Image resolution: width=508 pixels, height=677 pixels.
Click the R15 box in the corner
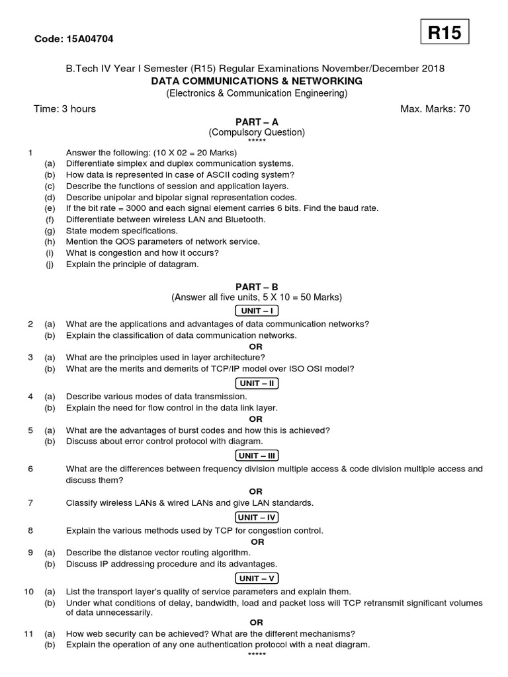pyautogui.click(x=444, y=33)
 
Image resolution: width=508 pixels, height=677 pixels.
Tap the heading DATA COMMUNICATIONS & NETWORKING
pyautogui.click(x=257, y=81)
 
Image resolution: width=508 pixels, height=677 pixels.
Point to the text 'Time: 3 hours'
pyautogui.click(x=65, y=109)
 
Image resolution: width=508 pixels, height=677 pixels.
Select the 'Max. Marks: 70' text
pyautogui.click(x=435, y=109)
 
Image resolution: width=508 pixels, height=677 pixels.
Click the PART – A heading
pyautogui.click(x=257, y=122)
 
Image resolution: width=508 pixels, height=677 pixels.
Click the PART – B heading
pyautogui.click(x=257, y=287)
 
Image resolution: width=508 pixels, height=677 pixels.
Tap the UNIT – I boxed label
pyautogui.click(x=257, y=311)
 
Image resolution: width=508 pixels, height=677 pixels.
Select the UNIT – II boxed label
pyautogui.click(x=257, y=383)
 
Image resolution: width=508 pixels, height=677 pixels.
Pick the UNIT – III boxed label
pyautogui.click(x=257, y=456)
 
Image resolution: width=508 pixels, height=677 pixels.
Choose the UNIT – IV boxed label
pyautogui.click(x=257, y=517)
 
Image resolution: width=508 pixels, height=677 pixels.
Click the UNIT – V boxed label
pyautogui.click(x=257, y=578)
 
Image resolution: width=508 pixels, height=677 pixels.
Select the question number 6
pyautogui.click(x=30, y=469)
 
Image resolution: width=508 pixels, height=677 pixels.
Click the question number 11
pyautogui.click(x=28, y=633)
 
